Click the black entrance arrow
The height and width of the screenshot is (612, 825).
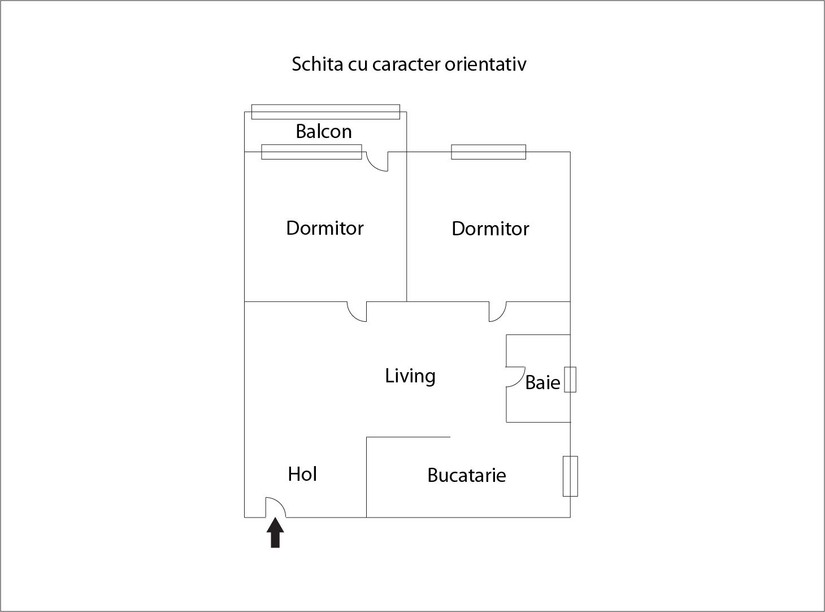coord(275,532)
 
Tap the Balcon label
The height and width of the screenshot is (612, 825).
coord(324,131)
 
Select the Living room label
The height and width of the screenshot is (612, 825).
coord(410,376)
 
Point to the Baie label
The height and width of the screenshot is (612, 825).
coord(542,382)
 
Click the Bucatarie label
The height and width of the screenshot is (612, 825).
coord(466,475)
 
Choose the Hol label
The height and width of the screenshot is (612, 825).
coord(302,474)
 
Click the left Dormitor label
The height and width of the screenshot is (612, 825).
coord(325,228)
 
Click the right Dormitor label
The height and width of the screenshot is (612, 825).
coord(490,229)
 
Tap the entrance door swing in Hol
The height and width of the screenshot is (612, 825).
coord(276,507)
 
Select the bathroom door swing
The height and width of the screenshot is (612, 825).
coord(515,377)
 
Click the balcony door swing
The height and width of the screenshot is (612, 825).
coord(377,161)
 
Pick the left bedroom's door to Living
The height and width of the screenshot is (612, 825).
coord(357,312)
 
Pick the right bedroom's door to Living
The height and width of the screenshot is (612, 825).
coord(498,312)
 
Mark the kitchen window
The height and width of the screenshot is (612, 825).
coord(570,476)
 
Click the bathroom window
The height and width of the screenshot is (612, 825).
coord(570,380)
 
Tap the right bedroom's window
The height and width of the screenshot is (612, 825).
coord(488,152)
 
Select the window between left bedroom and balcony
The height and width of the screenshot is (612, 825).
coord(311,152)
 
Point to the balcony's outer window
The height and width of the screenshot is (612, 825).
coord(325,112)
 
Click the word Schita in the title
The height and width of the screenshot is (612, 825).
coord(317,64)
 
